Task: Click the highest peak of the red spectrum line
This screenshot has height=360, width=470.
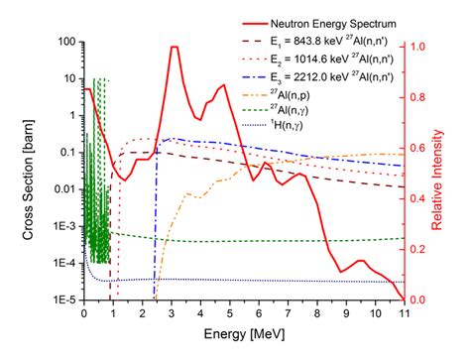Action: point(174,48)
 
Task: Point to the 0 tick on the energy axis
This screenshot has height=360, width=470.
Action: point(83,313)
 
